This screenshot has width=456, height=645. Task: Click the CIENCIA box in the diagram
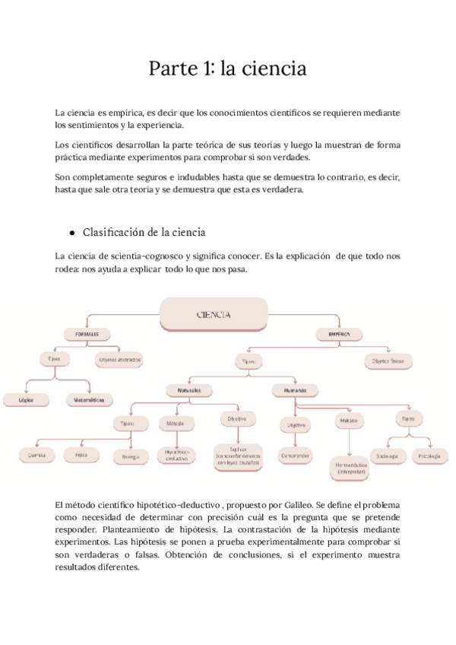pyautogui.click(x=214, y=313)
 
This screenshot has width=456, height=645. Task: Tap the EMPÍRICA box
pyautogui.click(x=339, y=334)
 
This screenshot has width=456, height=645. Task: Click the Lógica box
pyautogui.click(x=25, y=399)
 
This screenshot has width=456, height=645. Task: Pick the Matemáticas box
pyautogui.click(x=90, y=399)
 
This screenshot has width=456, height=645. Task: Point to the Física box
pyautogui.click(x=81, y=455)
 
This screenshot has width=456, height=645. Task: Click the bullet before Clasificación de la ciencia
pyautogui.click(x=71, y=234)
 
